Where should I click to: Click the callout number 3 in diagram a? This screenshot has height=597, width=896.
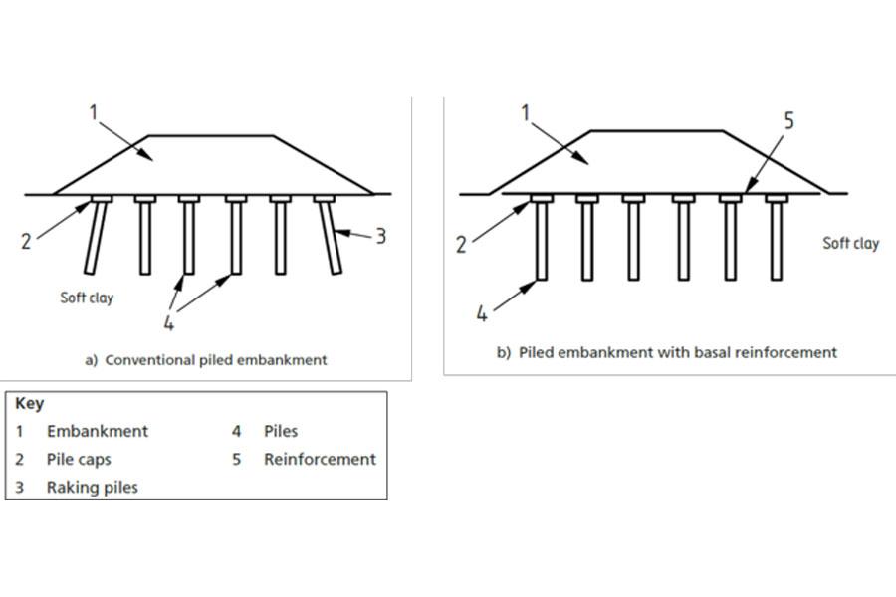click(x=380, y=236)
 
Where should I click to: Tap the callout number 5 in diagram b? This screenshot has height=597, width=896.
click(x=788, y=120)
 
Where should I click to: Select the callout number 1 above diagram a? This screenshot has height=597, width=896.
click(x=95, y=111)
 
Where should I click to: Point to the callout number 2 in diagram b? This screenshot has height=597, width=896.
click(x=461, y=245)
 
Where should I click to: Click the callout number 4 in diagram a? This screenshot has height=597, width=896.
click(x=169, y=323)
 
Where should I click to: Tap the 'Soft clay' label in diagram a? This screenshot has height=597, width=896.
click(x=87, y=298)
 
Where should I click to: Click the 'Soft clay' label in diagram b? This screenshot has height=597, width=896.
click(x=850, y=243)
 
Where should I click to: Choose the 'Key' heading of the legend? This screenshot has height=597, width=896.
click(x=29, y=404)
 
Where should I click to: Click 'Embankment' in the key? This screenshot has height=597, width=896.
click(x=98, y=431)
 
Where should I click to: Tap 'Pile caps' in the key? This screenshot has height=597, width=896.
click(x=79, y=460)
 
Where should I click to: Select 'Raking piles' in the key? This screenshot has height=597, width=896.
click(x=93, y=488)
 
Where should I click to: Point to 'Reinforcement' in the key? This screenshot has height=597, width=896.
click(x=320, y=460)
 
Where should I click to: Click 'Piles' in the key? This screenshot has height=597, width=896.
click(x=281, y=431)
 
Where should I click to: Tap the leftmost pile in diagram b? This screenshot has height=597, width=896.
click(x=542, y=243)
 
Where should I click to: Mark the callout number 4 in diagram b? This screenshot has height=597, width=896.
click(x=482, y=313)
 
